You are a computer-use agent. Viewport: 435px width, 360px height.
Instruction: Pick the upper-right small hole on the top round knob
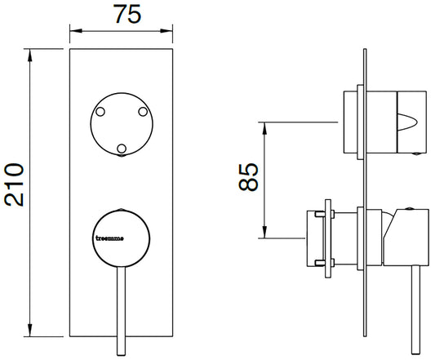[142, 110]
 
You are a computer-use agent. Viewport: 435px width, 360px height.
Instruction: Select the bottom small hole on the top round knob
[122, 148]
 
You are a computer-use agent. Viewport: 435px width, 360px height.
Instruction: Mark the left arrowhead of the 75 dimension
[74, 33]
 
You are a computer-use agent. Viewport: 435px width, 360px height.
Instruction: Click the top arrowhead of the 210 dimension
[31, 56]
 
